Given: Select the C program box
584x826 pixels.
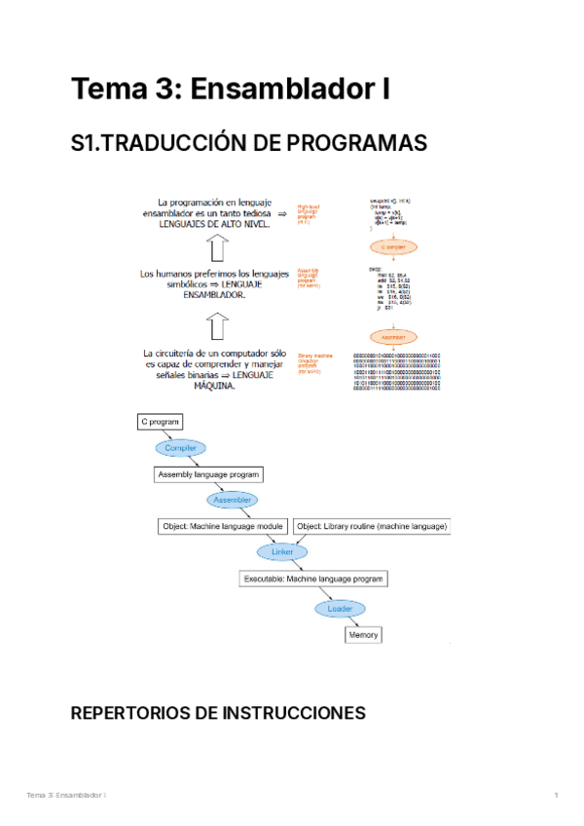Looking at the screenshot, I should (x=161, y=422).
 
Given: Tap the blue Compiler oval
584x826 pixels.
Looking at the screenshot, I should (x=181, y=448).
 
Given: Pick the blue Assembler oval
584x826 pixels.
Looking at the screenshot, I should (x=233, y=500).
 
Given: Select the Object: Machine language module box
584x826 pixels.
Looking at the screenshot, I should (x=223, y=526).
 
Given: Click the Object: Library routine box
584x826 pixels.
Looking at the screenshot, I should (x=372, y=526).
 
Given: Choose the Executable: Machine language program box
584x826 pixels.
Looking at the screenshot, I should (x=314, y=579).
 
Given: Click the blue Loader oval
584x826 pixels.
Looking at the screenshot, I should (x=339, y=609).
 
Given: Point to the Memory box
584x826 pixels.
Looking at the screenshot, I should (x=364, y=635).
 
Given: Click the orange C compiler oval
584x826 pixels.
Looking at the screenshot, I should (x=393, y=246).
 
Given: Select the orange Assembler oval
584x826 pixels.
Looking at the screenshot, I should (x=393, y=337).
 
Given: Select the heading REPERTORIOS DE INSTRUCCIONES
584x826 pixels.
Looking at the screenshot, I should (x=218, y=714).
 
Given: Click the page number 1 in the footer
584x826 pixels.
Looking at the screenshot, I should (x=556, y=796).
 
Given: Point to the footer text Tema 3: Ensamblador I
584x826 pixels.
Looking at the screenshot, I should (x=66, y=796).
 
